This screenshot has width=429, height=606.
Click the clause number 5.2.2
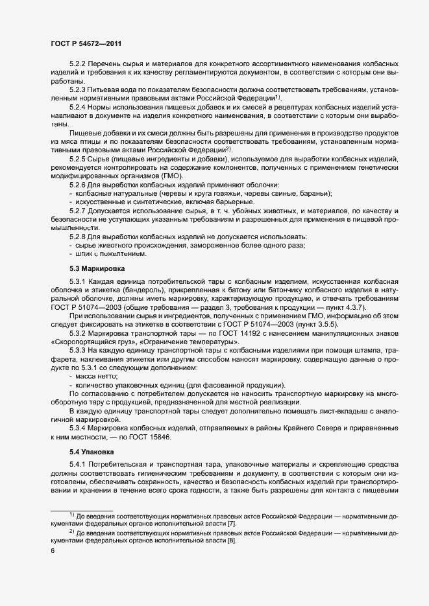78,64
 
